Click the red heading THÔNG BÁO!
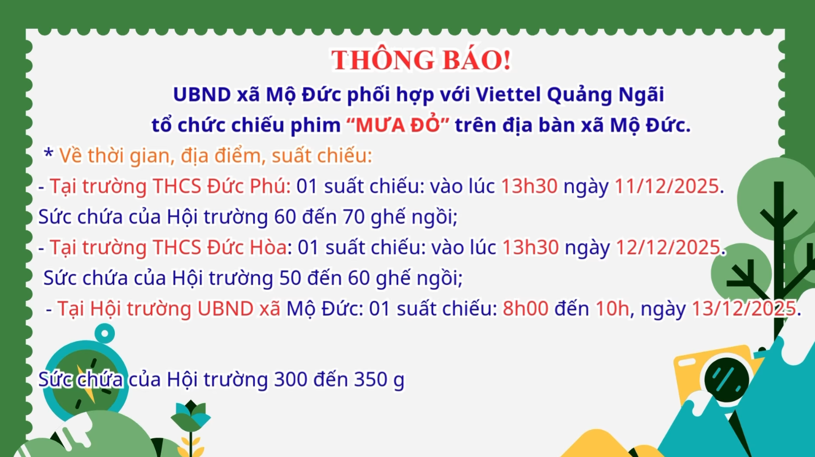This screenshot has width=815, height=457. click(x=421, y=60)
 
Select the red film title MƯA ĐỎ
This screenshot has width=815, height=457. click(x=398, y=125)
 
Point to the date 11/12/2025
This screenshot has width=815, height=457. click(x=667, y=186)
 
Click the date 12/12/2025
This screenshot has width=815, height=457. click(x=668, y=248)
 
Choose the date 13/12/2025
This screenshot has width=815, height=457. click(x=743, y=309)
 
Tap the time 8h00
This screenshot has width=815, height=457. click(x=525, y=309)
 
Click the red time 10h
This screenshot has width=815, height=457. click(x=612, y=309)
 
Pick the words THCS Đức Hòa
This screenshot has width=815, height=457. click(x=219, y=248)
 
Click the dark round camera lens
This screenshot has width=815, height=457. click(x=726, y=379)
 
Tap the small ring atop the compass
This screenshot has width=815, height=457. click(x=105, y=333)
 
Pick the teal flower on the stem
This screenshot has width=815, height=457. click(x=191, y=415)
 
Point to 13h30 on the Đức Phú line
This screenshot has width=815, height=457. click(x=529, y=186)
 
